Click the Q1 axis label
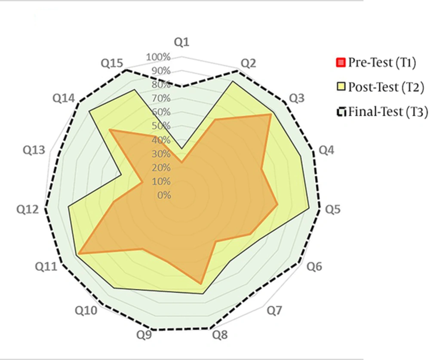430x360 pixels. [x=181, y=42]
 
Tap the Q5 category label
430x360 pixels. [x=332, y=210]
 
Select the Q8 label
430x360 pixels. [x=220, y=335]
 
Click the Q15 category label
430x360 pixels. [x=112, y=64]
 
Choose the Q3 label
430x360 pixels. [x=296, y=99]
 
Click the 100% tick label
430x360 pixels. [x=158, y=57]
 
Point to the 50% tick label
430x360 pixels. [x=161, y=126]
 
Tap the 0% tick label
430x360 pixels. [x=164, y=195]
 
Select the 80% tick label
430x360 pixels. [x=161, y=85]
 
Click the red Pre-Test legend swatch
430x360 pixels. [x=341, y=63]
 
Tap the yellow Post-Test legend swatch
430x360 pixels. [x=341, y=87]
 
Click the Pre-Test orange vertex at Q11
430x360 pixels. [x=79, y=255]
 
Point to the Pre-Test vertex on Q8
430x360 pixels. [x=200, y=284]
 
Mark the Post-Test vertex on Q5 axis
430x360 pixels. [x=308, y=208]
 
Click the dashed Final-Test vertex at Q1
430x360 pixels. [x=181, y=86]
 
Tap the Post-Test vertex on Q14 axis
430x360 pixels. [x=89, y=112]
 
